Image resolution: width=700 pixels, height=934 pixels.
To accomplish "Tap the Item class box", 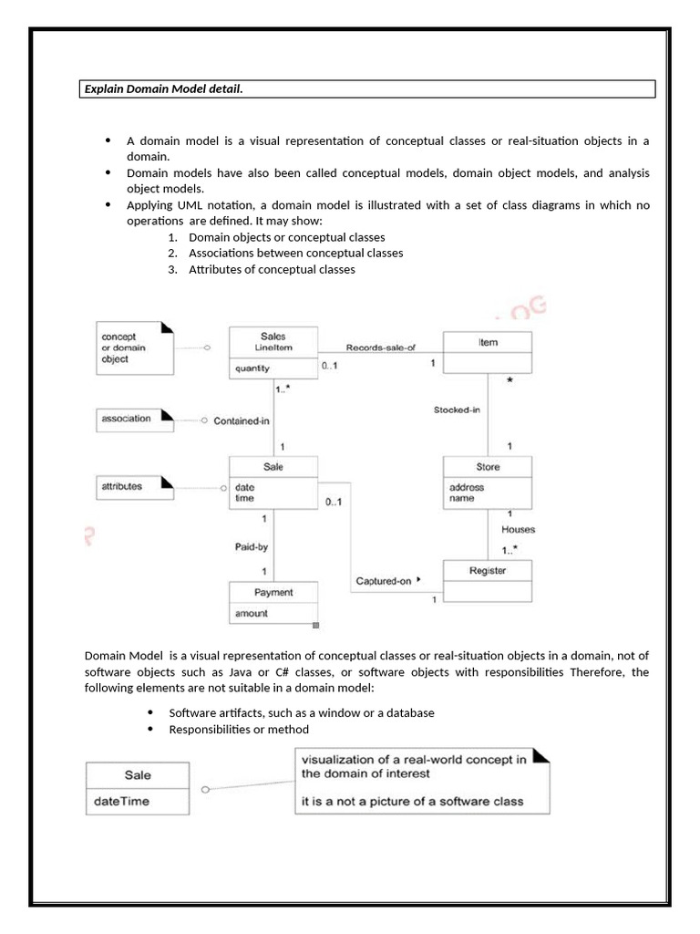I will coord(488,352).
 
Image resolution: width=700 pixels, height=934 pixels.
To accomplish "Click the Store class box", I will coord(488,480).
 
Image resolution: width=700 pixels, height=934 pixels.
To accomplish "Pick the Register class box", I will coord(488,580).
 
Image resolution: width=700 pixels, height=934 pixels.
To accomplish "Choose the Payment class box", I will coord(273,602).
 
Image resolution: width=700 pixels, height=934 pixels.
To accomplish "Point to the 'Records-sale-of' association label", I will coord(380,348).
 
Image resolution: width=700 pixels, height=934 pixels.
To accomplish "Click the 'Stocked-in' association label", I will coord(457,410).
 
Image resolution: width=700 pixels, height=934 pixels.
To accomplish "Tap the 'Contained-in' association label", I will coord(242,420).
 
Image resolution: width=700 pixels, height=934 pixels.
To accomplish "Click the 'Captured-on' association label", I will coord(386,581).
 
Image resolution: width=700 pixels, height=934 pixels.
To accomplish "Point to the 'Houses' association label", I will coord(518,529).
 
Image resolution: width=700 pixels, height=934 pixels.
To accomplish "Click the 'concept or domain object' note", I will coord(133,348).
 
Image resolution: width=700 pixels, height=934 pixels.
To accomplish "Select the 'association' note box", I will coord(133,420).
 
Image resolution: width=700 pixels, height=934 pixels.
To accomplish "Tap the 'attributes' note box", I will coord(133,487).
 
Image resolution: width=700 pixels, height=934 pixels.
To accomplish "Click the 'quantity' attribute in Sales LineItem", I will coord(252,369).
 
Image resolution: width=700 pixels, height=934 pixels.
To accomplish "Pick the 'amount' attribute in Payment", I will coord(252,614).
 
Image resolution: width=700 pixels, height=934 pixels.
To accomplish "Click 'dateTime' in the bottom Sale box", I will coord(119,802).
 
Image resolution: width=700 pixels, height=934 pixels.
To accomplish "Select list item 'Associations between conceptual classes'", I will coord(295,253).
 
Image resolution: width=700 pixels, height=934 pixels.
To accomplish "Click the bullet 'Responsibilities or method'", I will coord(239,729).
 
